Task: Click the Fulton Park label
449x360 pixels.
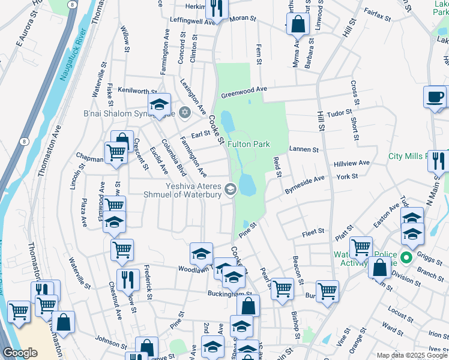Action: pos(248,144)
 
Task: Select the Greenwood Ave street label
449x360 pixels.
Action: pos(243,92)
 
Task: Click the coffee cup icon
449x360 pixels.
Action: pos(435,97)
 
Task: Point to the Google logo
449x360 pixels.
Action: pos(20,353)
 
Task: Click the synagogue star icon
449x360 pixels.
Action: pos(185,112)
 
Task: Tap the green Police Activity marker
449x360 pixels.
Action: pos(406,258)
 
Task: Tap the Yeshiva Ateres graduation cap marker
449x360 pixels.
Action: pos(230,190)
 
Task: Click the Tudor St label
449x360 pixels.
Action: pos(339,112)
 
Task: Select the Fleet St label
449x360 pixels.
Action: pos(313,231)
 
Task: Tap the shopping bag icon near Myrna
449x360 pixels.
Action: pos(297,25)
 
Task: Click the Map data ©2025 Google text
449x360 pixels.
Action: pos(411,355)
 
